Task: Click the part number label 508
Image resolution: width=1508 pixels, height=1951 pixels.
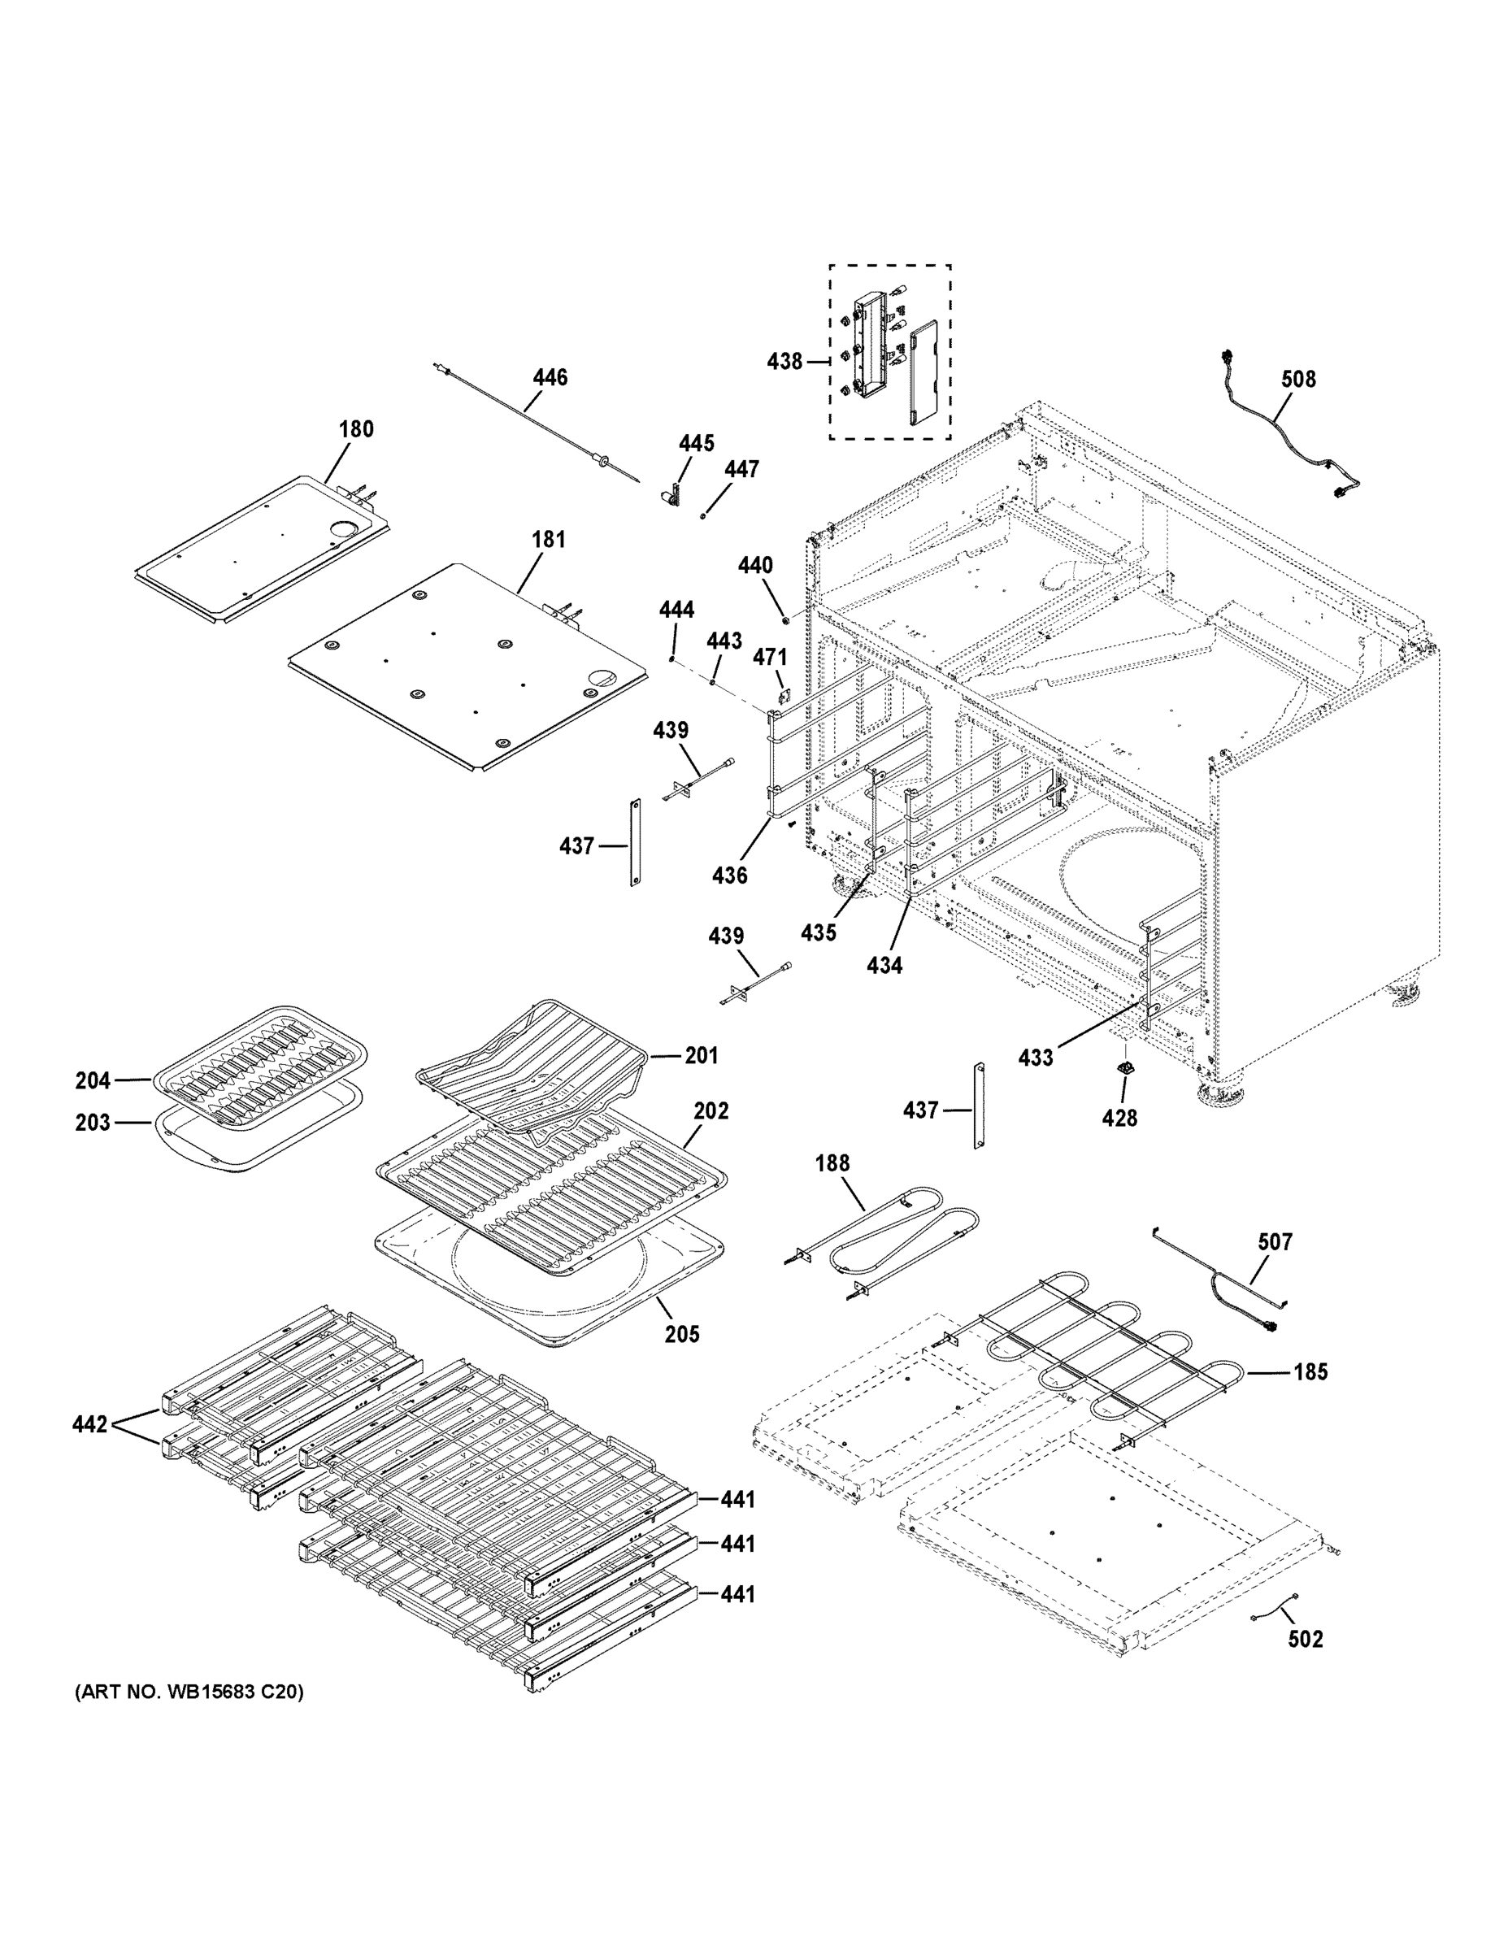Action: point(1297,380)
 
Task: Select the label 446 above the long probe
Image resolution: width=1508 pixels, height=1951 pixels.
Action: point(550,378)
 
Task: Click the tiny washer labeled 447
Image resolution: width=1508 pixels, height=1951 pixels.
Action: point(704,515)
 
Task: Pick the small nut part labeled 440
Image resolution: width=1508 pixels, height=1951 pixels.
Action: point(784,618)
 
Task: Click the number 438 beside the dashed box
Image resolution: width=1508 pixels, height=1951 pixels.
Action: point(784,362)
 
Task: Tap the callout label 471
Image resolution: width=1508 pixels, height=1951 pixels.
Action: point(769,658)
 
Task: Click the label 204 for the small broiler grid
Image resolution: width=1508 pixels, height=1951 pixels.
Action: point(93,1081)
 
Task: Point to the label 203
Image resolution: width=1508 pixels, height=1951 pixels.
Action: point(93,1122)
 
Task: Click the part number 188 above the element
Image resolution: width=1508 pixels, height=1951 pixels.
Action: point(832,1163)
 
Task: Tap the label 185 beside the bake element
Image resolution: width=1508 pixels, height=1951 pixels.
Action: point(1310,1371)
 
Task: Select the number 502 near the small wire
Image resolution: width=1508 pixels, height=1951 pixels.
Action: point(1306,1638)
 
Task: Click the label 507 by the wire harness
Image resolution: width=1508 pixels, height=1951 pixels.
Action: point(1275,1241)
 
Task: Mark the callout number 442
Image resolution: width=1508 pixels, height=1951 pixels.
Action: point(90,1424)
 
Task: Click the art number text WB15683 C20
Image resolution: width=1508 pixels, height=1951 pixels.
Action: point(189,1692)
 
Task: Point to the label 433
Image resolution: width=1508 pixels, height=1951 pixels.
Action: point(1036,1058)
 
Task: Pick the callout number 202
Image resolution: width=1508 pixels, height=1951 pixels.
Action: point(711,1110)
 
